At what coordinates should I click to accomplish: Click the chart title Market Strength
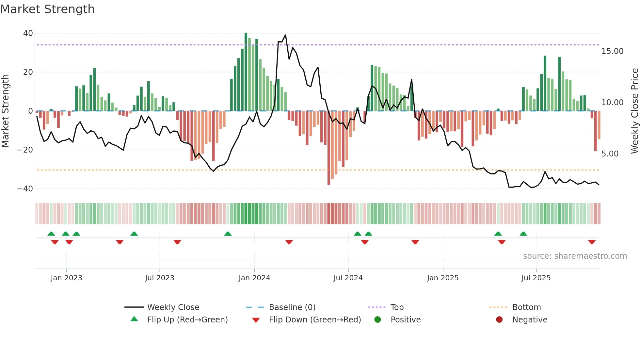(x=47, y=9)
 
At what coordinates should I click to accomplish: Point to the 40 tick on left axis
(x=28, y=33)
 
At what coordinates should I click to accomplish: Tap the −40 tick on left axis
(x=25, y=189)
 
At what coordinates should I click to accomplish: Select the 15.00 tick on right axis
(x=612, y=51)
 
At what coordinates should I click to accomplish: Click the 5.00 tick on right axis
(x=610, y=154)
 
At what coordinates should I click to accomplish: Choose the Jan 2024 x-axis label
(x=254, y=278)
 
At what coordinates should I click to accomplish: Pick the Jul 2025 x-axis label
(x=536, y=278)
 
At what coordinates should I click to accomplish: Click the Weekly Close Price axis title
(x=634, y=111)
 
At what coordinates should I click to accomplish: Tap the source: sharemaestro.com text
(x=575, y=256)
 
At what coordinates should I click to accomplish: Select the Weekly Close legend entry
(x=173, y=307)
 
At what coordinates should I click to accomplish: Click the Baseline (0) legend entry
(x=292, y=307)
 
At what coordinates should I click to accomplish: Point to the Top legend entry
(x=397, y=307)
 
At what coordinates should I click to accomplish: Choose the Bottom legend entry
(x=526, y=307)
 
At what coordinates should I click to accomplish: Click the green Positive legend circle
(x=378, y=319)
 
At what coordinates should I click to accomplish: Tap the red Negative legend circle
(x=499, y=319)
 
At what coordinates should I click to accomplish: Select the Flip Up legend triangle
(x=134, y=319)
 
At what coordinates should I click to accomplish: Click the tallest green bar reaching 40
(x=246, y=72)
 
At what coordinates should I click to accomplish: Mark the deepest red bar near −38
(x=329, y=148)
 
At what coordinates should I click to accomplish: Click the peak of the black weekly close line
(x=285, y=35)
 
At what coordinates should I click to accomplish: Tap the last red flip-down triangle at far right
(x=592, y=242)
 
